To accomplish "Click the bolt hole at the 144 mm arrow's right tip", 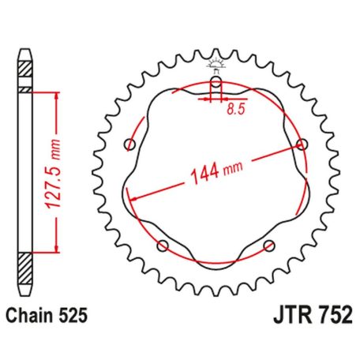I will pos(301,144).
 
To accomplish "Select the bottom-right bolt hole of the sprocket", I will pos(268,244).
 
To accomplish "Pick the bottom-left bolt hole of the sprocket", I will pos(163,245).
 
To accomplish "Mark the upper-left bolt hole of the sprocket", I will pos(130,144).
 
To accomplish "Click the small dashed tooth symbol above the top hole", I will pos(216,66).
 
